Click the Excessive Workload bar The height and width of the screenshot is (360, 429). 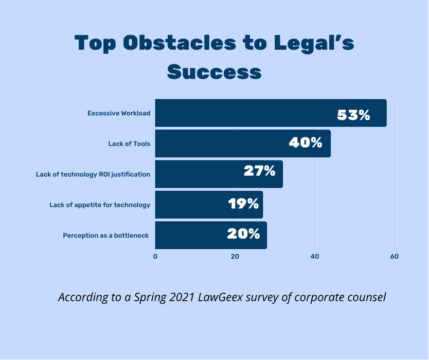pos(243,113)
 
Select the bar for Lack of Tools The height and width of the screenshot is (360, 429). pos(219,144)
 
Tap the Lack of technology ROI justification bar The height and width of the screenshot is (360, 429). pos(195,174)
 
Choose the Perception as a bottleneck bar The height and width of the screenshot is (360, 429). pos(190,235)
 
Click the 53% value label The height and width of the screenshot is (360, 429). pos(354,115)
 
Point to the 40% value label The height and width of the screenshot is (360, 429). pos(305,143)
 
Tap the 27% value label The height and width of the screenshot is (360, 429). pos(259,171)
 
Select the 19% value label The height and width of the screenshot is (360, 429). pos(243,203)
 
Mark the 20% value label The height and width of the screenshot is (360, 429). pos(244,234)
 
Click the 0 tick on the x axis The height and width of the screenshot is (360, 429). pos(155,256)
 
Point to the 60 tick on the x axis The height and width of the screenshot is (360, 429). pos(394,256)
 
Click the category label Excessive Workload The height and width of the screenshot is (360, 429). pos(119,113)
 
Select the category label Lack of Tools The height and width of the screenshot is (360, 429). pos(129,144)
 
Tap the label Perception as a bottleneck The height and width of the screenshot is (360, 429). pos(106,235)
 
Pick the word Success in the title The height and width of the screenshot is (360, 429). pos(214,72)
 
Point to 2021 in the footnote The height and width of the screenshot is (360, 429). pos(181,297)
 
